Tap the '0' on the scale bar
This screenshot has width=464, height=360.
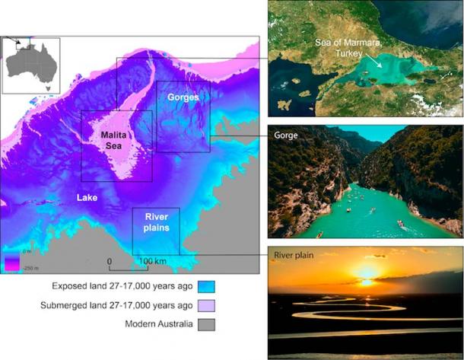click(x=110, y=262)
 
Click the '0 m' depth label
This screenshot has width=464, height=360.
click(x=26, y=252)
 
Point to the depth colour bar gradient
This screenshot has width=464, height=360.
click(x=11, y=263)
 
